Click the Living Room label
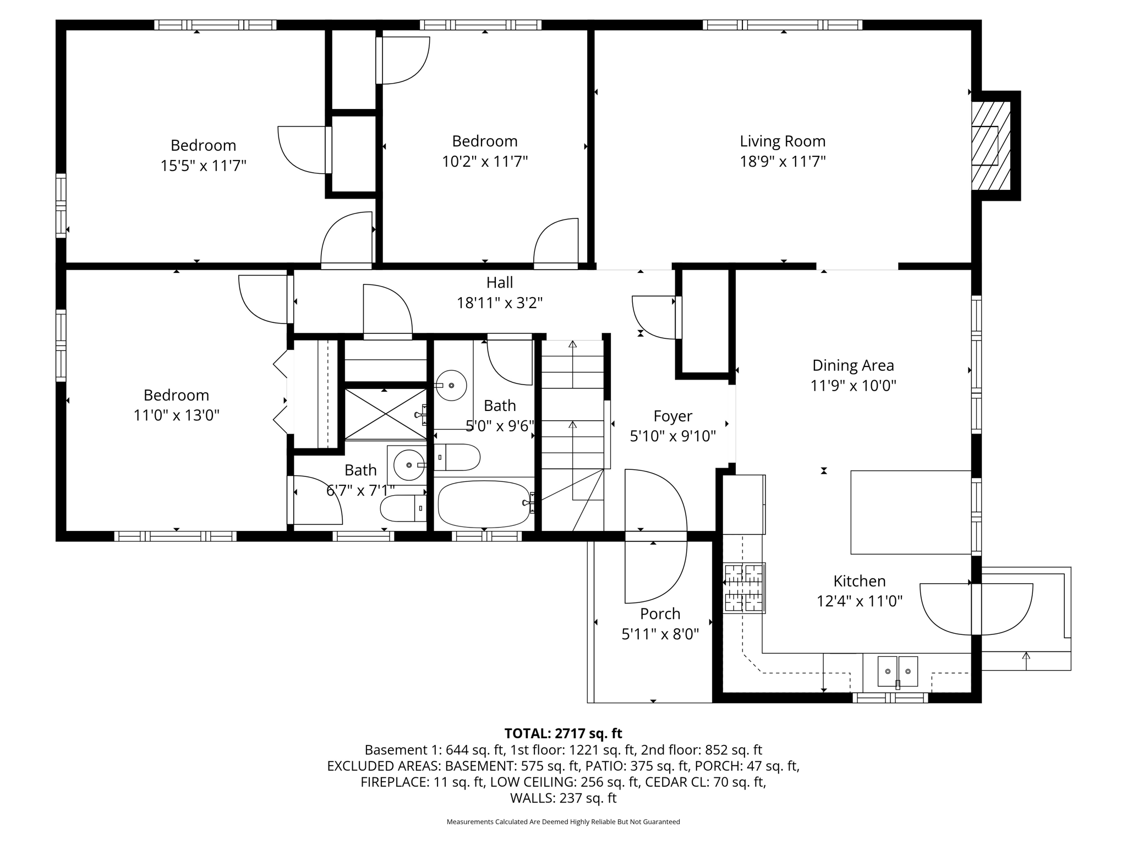(x=782, y=141)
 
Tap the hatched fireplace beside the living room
(x=991, y=146)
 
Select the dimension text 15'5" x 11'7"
(x=203, y=166)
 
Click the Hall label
(x=499, y=283)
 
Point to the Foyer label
(x=672, y=416)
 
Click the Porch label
(x=660, y=613)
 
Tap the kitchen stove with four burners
(x=744, y=588)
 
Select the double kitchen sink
(x=897, y=671)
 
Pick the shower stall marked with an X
(x=385, y=414)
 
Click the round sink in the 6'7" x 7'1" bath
(x=409, y=465)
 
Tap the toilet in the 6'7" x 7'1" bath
(x=403, y=508)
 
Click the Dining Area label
(x=853, y=365)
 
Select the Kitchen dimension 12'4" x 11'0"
(x=859, y=601)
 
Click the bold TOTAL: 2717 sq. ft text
(x=563, y=733)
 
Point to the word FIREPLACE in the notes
(x=392, y=782)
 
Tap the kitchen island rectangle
(x=910, y=512)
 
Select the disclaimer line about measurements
(x=563, y=822)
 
